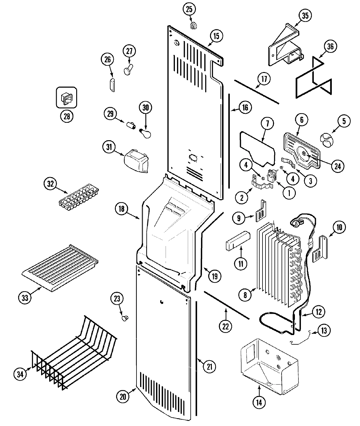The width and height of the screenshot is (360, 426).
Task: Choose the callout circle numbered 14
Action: click(259, 403)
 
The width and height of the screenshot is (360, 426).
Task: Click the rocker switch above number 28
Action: click(67, 97)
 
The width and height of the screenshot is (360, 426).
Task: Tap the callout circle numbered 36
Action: click(330, 46)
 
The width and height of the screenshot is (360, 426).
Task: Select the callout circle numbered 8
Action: click(245, 295)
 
